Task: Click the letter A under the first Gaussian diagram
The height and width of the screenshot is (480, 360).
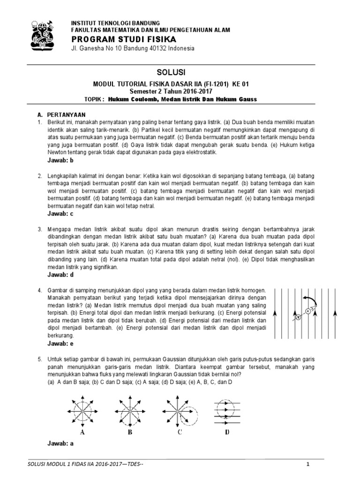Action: tap(82, 432)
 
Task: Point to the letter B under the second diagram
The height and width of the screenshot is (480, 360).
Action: tap(130, 432)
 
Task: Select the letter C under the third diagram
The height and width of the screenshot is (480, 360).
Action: tap(179, 432)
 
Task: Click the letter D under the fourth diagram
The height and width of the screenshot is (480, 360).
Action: tap(227, 432)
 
